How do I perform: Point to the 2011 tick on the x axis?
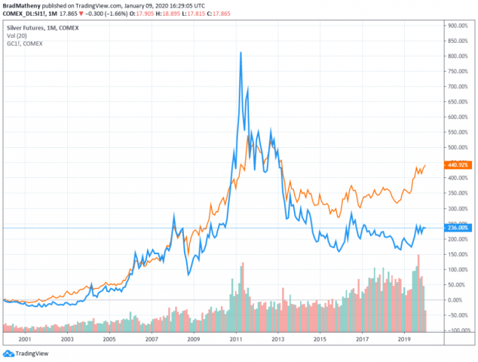pos(236,340)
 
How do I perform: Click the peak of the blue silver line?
pos(240,53)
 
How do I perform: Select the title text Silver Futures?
pos(26,25)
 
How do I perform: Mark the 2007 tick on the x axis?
pos(152,340)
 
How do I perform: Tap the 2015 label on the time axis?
pos(320,340)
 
